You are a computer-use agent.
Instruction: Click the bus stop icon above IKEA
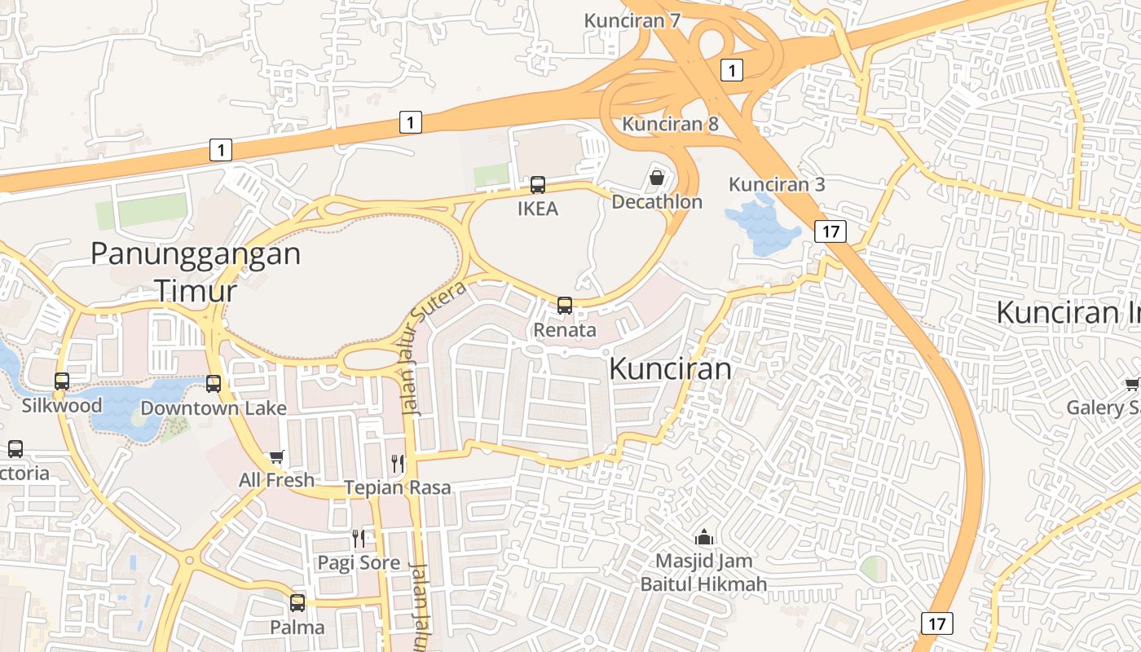coord(538,185)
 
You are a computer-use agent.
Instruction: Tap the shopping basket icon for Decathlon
coord(657,178)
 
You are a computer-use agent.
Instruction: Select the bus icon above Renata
coord(564,306)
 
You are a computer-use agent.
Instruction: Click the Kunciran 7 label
coord(632,20)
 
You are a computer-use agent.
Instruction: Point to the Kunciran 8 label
coord(670,124)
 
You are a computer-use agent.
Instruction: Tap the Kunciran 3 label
coord(777,184)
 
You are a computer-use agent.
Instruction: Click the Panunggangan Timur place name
coord(196,271)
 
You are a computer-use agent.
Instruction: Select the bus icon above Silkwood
coord(62,381)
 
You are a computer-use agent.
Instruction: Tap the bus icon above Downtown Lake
coord(214,383)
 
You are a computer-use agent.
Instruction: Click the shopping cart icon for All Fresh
coord(276,456)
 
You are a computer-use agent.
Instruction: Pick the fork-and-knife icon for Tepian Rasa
coord(398,463)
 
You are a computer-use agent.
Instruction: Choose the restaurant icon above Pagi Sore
coord(359,538)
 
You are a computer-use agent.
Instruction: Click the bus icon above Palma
coord(297,603)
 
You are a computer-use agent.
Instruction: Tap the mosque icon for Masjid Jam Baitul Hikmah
coord(703,537)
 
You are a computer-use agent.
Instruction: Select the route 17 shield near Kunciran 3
coord(830,231)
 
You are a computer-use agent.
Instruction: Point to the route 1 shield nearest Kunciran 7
coord(732,70)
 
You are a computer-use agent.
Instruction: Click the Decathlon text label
coord(657,201)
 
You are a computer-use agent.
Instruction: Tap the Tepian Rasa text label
coord(397,487)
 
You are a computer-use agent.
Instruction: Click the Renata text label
coord(565,330)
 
